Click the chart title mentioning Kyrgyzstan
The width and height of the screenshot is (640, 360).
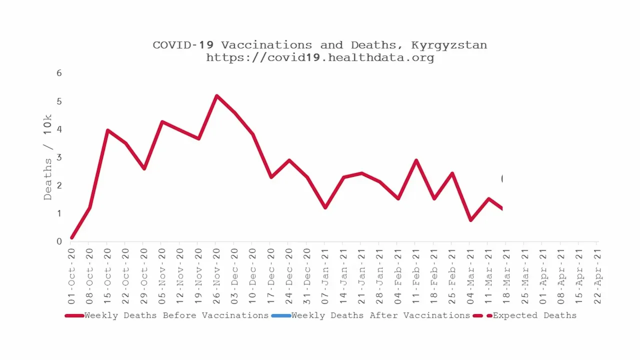point(319,45)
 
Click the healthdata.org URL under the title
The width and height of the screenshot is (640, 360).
point(319,57)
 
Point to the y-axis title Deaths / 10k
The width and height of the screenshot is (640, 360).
point(47,157)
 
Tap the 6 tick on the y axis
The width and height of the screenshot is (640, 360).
point(59,73)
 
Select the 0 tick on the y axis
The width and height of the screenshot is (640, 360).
point(59,241)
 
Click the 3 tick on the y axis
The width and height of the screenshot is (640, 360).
point(59,157)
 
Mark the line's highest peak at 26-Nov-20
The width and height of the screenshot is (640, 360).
point(216,95)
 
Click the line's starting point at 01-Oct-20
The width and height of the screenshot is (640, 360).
point(72,237)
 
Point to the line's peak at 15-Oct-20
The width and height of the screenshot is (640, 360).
point(107,130)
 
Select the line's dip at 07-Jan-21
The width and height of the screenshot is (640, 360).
point(325,207)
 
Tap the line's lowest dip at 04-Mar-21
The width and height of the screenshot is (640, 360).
point(470,220)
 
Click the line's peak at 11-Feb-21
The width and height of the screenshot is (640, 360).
point(416,160)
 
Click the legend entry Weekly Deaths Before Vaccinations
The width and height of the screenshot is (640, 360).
point(176,315)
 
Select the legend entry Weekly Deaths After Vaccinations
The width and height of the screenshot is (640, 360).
point(380,315)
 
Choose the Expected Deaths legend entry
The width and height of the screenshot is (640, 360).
point(534,315)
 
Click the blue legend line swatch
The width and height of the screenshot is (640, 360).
point(280,315)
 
